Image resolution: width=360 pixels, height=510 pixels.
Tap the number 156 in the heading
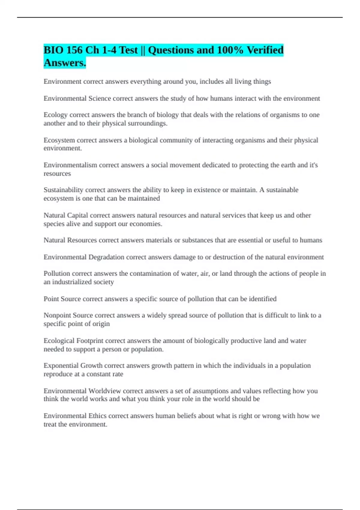pos(74,50)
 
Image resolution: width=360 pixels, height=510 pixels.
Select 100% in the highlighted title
pos(230,50)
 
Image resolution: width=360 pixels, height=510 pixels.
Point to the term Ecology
pos(55,115)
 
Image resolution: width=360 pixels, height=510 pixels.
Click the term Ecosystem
pos(59,140)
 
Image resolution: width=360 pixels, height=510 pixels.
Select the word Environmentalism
pos(70,165)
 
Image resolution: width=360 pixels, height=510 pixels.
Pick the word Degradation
pos(106,257)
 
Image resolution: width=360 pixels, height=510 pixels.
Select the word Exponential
pos(61,366)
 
